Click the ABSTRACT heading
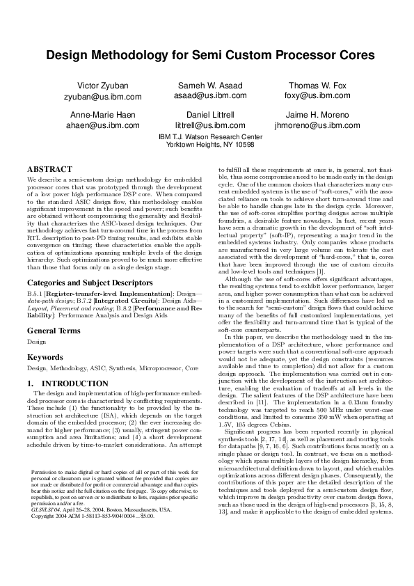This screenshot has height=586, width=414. [49, 169]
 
